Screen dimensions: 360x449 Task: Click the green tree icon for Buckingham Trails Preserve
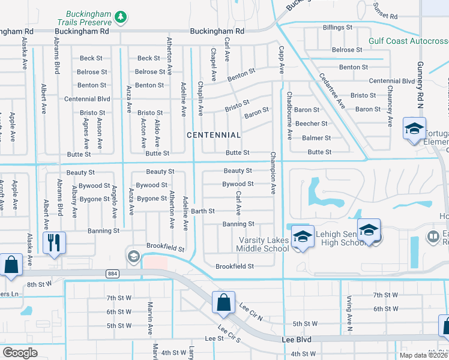click(x=121, y=16)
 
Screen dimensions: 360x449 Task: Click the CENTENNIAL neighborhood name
click(x=214, y=135)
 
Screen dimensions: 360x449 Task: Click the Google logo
click(x=20, y=352)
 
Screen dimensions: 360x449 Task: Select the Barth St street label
click(x=203, y=211)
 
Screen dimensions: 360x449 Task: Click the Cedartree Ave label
click(x=332, y=91)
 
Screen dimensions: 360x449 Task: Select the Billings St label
click(x=337, y=28)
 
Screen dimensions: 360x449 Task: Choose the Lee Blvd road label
click(x=297, y=339)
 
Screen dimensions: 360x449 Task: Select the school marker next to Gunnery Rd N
click(x=414, y=130)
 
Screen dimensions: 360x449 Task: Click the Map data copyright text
click(x=423, y=355)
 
